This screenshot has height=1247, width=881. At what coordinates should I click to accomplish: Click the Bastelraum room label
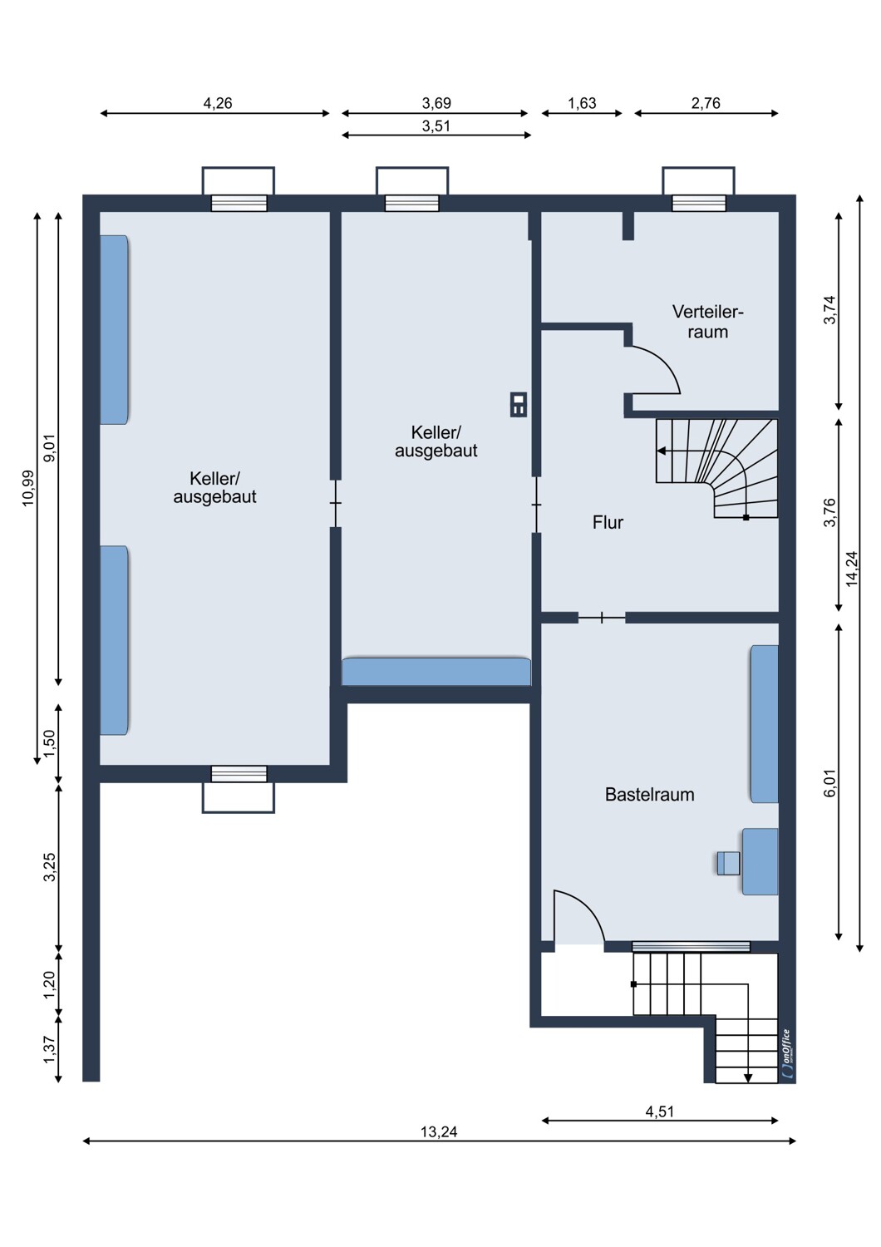[x=649, y=795]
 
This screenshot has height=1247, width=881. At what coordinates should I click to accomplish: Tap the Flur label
[x=608, y=522]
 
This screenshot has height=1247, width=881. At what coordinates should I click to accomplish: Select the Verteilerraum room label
[x=707, y=321]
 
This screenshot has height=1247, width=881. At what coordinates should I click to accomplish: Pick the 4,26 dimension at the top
[x=217, y=103]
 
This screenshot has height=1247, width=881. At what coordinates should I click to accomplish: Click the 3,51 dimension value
[x=436, y=126]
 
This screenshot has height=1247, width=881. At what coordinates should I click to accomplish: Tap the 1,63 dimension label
[x=582, y=103]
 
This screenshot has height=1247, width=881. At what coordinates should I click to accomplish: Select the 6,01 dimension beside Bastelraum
[x=829, y=783]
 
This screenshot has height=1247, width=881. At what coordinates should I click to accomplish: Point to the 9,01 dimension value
[x=50, y=448]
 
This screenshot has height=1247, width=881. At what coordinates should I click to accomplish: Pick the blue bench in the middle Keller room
[x=436, y=672]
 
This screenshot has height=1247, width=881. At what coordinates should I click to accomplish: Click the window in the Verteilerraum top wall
[x=698, y=203]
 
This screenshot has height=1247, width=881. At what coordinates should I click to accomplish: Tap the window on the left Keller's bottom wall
[x=239, y=774]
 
